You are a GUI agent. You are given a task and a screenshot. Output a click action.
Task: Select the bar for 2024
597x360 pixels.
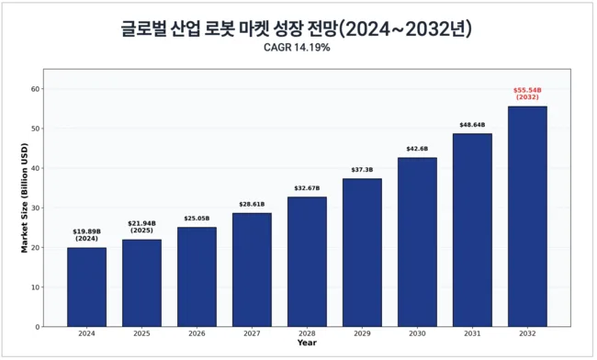[x=87, y=287]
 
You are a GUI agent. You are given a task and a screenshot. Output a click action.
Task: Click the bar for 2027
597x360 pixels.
[x=252, y=270]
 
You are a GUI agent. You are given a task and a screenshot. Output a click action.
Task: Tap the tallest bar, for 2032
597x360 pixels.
[x=527, y=217]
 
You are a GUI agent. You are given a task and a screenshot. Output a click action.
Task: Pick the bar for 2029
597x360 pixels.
[x=362, y=253]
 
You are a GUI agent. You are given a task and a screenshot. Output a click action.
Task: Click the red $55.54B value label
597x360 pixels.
[x=527, y=90]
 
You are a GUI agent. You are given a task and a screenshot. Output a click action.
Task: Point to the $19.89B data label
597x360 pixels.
[x=87, y=231]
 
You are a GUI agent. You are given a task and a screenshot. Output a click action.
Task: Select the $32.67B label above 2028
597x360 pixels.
[x=307, y=188]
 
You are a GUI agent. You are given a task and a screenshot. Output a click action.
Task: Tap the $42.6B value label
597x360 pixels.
[x=417, y=149]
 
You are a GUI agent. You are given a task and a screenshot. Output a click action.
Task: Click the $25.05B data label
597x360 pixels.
[x=197, y=219]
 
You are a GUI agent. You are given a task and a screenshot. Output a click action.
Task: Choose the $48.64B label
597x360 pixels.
[x=472, y=125]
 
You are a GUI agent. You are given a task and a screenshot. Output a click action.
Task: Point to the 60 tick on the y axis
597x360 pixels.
[x=36, y=89]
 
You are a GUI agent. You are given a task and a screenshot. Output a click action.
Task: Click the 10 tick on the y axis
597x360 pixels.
[x=36, y=287]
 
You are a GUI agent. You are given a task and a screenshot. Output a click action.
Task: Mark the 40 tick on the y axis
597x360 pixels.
[x=36, y=168]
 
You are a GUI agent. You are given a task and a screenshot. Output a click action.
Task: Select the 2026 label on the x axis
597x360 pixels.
[x=197, y=333]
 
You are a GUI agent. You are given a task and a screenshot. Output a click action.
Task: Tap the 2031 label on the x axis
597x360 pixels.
[x=472, y=333]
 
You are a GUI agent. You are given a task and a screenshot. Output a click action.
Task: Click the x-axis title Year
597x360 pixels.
[x=307, y=343]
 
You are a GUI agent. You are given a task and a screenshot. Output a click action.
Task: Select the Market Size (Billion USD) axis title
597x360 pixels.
[x=25, y=197]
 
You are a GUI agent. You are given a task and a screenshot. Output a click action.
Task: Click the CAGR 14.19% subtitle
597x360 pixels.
[x=297, y=48]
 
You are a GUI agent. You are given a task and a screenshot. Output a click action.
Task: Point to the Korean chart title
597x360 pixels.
[x=297, y=28]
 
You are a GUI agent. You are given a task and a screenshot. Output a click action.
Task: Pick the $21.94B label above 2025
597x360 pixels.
[x=141, y=223]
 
